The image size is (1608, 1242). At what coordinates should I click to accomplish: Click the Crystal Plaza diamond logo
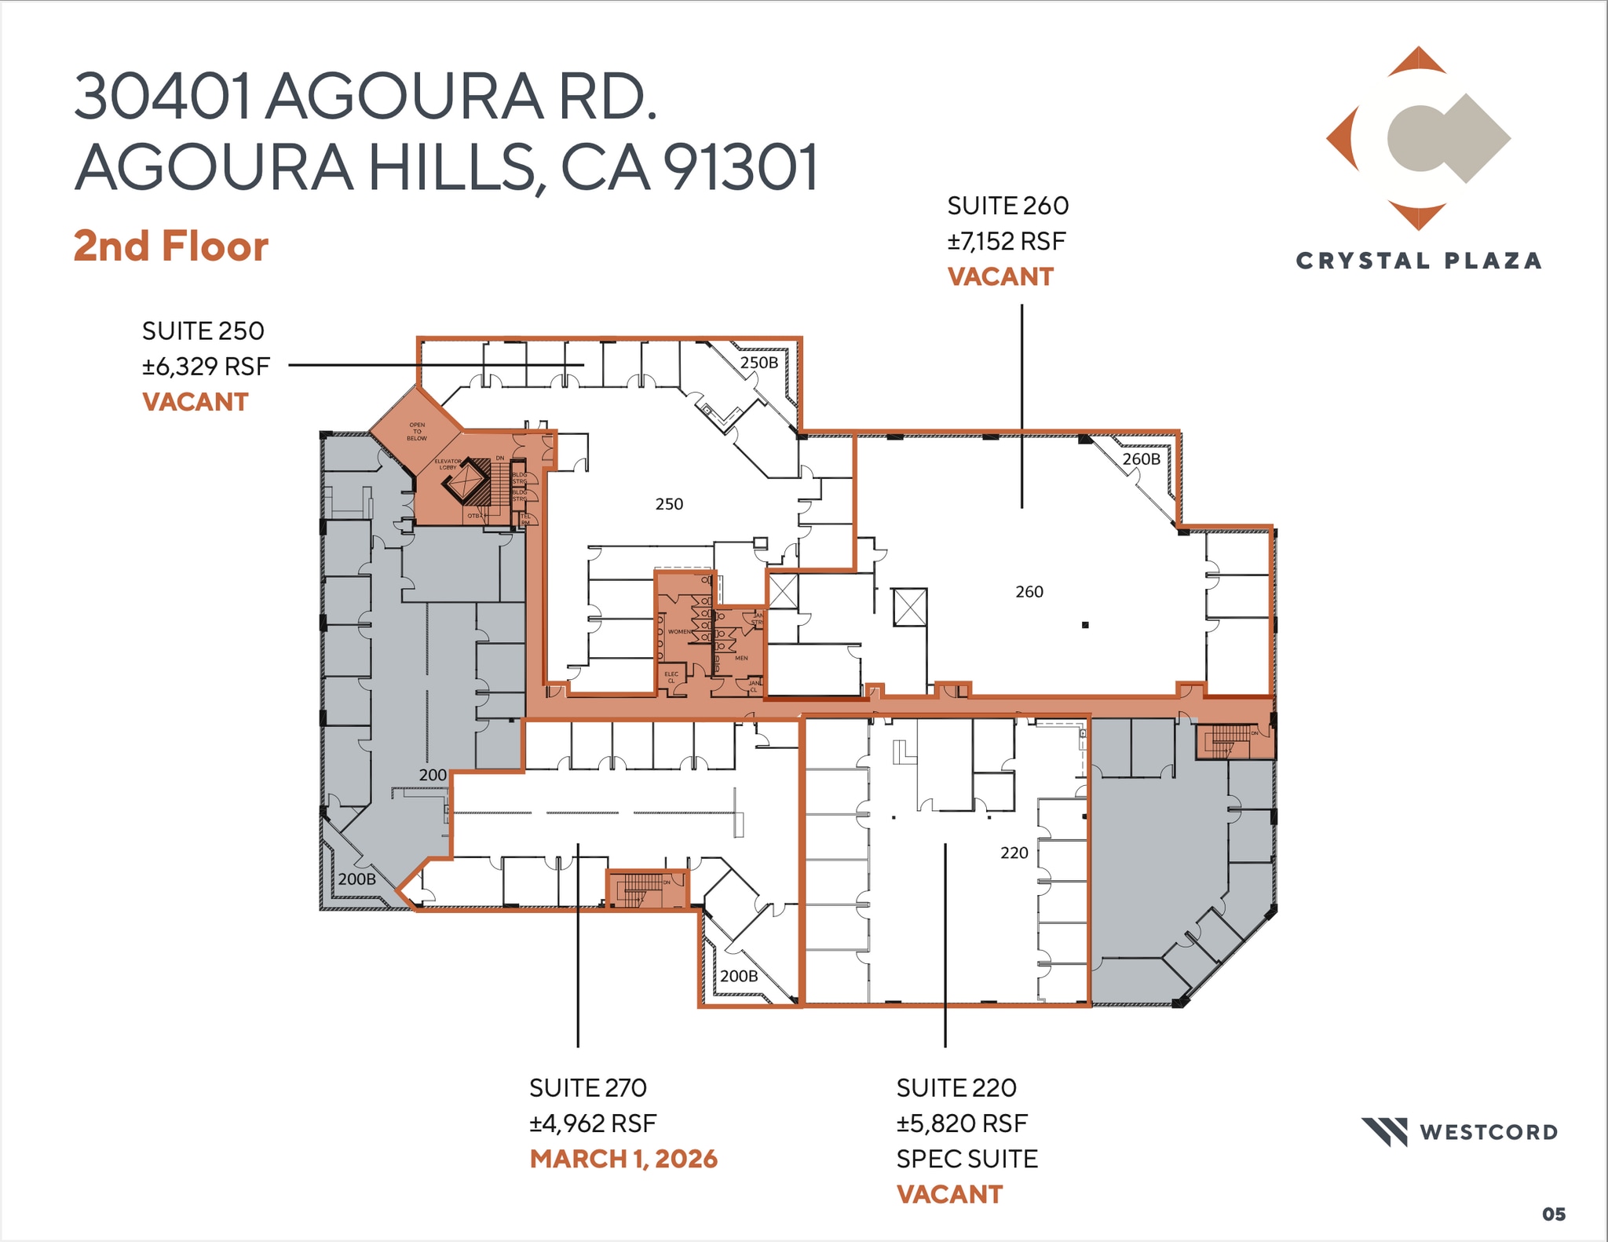pyautogui.click(x=1418, y=139)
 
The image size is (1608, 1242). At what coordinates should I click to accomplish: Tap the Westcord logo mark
pyautogui.click(x=1384, y=1131)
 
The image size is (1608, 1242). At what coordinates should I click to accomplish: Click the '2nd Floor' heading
pyautogui.click(x=170, y=247)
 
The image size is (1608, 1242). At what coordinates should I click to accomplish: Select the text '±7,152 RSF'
pyautogui.click(x=1006, y=241)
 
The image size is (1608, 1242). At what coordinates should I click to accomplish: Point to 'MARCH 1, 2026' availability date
pyautogui.click(x=623, y=1159)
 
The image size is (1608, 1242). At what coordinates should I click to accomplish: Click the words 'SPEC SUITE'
pyautogui.click(x=967, y=1159)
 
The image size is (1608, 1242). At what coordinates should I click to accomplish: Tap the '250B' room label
pyautogui.click(x=758, y=363)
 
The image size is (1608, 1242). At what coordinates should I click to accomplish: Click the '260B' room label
pyautogui.click(x=1140, y=459)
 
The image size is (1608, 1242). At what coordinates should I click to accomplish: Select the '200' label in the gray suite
pyautogui.click(x=432, y=775)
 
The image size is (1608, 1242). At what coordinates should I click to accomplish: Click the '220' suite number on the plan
pyautogui.click(x=1014, y=853)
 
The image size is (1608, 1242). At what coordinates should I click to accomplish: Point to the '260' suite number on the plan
pyautogui.click(x=1029, y=592)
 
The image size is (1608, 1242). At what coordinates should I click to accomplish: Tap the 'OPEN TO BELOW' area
pyautogui.click(x=417, y=432)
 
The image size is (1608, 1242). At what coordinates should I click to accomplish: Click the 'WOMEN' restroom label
pyautogui.click(x=678, y=631)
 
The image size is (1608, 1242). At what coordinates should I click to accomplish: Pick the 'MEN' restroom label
pyautogui.click(x=741, y=658)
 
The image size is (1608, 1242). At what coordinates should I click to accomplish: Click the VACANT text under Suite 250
pyautogui.click(x=195, y=402)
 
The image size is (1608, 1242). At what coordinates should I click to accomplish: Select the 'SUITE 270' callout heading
pyautogui.click(x=587, y=1088)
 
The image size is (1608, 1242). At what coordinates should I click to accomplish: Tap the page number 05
pyautogui.click(x=1554, y=1215)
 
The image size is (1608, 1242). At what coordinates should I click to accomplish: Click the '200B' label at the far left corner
pyautogui.click(x=356, y=879)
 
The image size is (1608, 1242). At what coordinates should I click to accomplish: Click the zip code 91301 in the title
pyautogui.click(x=740, y=167)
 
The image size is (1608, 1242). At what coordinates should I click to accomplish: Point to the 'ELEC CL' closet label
pyautogui.click(x=671, y=677)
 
